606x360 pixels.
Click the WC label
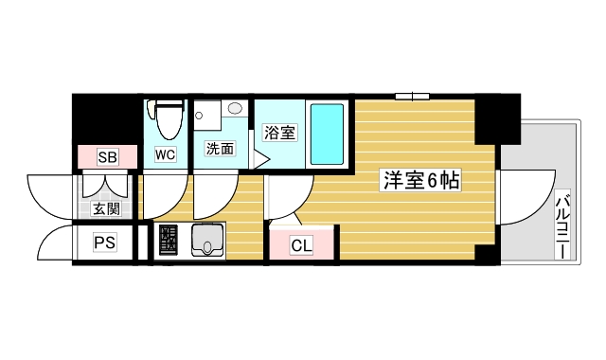[x=165, y=152]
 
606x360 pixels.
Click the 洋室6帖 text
[x=420, y=179]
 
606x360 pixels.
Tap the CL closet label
[x=301, y=246]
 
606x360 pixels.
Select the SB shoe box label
[x=106, y=157]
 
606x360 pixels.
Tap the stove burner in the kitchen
[x=169, y=243]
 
